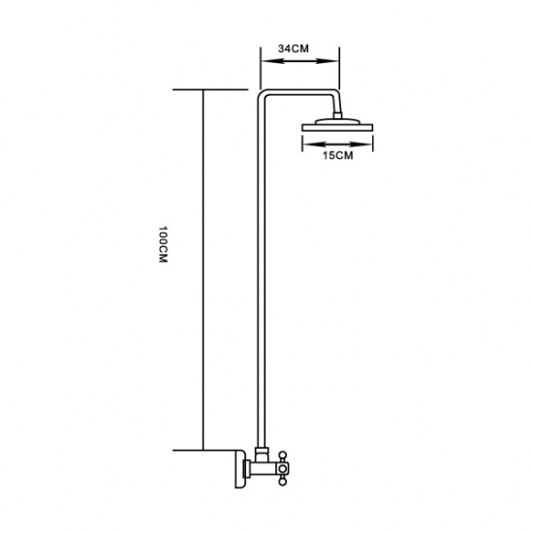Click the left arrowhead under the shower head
(307, 140)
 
